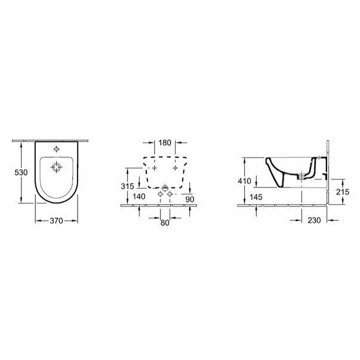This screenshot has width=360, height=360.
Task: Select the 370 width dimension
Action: pos(56,220)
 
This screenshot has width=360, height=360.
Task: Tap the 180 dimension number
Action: pos(165,143)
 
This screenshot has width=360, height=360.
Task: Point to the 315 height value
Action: pos(127,186)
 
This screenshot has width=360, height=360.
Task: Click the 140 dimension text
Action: pos(139,196)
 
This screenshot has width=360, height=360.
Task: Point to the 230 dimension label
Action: pos(314,220)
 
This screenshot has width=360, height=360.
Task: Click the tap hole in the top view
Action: pos(56,149)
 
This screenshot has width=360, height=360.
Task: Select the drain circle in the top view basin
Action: pos(56,168)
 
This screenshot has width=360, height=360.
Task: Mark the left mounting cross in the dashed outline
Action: pos(154,168)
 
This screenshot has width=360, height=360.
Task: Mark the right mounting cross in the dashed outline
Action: pos(176,168)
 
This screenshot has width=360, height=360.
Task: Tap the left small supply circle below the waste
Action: pos(159,195)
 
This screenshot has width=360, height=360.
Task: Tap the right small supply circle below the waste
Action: pos(170,195)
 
